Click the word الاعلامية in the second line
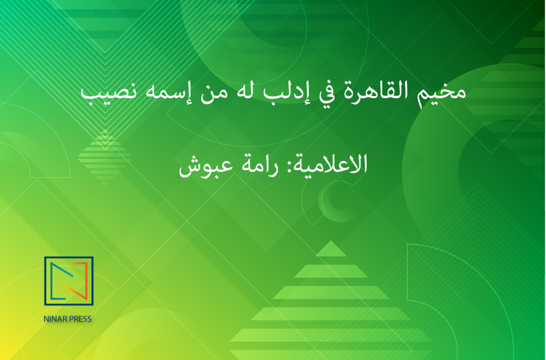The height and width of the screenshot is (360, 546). [330, 163]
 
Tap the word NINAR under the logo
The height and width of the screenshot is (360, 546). [55, 319]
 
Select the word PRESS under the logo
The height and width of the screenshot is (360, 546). [80, 319]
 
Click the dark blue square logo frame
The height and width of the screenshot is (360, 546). [45, 281]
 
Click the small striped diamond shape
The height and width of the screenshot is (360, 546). [105, 158]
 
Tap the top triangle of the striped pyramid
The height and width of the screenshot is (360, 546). [331, 249]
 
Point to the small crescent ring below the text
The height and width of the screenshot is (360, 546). [322, 201]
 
